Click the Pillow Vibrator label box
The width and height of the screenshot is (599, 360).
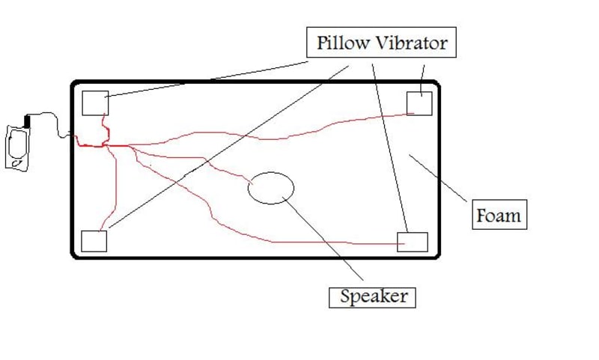(381, 43)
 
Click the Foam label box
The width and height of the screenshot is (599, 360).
(499, 216)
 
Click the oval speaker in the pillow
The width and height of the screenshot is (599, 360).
(271, 187)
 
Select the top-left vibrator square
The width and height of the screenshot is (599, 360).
(95, 103)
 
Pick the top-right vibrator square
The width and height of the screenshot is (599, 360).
(419, 103)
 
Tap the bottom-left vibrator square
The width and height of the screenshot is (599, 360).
(94, 241)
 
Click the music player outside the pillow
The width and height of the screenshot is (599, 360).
(18, 147)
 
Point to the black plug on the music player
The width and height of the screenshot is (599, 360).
(28, 120)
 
